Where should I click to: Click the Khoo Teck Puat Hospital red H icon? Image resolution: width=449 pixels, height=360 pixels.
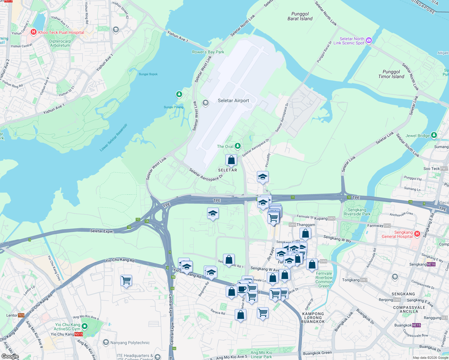[x=33, y=32]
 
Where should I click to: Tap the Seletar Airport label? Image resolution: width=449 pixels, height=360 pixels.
[x=233, y=101]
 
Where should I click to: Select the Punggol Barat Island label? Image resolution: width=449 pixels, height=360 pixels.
[x=300, y=16]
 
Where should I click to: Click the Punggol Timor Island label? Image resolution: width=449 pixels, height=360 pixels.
[x=391, y=74]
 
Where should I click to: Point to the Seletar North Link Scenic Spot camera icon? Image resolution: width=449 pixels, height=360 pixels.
[x=369, y=40]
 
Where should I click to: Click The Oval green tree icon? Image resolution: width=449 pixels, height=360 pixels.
[x=237, y=146]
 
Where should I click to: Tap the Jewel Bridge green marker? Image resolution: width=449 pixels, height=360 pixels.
[x=434, y=135]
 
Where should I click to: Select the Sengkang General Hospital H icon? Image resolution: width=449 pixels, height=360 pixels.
[x=417, y=234]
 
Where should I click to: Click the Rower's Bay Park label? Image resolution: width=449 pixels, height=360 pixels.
[x=208, y=52]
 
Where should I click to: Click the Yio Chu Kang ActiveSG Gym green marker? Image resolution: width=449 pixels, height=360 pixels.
[x=85, y=326]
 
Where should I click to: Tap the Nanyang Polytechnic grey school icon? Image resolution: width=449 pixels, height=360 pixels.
[x=106, y=342]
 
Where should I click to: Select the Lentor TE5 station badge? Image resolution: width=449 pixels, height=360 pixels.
[x=21, y=315]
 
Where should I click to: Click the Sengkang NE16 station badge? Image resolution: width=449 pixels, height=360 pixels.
[x=431, y=264]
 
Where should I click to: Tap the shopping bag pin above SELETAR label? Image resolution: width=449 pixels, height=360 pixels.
[x=231, y=160]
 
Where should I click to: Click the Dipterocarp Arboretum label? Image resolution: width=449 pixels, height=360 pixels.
[x=60, y=43]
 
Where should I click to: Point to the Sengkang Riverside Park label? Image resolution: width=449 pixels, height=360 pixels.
[x=357, y=212]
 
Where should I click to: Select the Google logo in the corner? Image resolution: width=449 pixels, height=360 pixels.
[x=10, y=356]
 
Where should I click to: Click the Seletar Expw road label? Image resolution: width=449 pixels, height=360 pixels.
[x=102, y=231]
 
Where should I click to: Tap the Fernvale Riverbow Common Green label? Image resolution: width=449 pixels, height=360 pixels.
[x=324, y=280]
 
